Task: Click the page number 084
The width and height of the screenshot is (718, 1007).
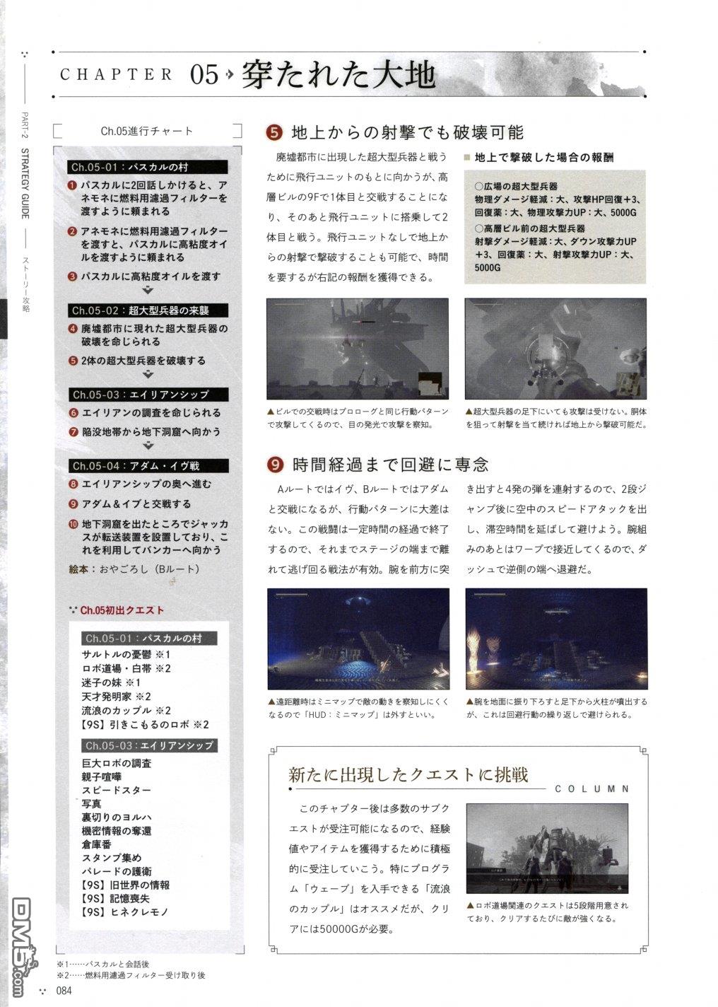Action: pyautogui.click(x=64, y=991)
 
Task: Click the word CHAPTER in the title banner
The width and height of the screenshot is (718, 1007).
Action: pyautogui.click(x=117, y=74)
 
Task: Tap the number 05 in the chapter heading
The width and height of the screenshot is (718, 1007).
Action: pyautogui.click(x=204, y=74)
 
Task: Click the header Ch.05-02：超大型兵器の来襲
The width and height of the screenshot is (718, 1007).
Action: pyautogui.click(x=140, y=310)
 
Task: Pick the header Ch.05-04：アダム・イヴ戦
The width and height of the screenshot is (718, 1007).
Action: pyautogui.click(x=135, y=466)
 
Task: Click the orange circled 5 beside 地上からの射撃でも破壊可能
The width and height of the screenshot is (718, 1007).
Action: pyautogui.click(x=274, y=132)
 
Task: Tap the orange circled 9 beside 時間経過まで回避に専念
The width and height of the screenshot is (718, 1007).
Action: pyautogui.click(x=274, y=465)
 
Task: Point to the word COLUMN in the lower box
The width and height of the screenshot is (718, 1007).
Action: pyautogui.click(x=592, y=788)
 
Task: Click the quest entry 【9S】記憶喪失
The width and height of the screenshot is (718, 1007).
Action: pyautogui.click(x=115, y=898)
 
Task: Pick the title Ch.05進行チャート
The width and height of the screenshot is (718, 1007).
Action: pyautogui.click(x=146, y=131)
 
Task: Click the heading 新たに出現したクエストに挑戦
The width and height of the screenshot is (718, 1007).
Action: pyautogui.click(x=408, y=774)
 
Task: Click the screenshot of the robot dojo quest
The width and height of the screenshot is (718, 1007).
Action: pyautogui.click(x=546, y=848)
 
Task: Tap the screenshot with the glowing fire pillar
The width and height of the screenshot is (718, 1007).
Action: pyautogui.click(x=555, y=639)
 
